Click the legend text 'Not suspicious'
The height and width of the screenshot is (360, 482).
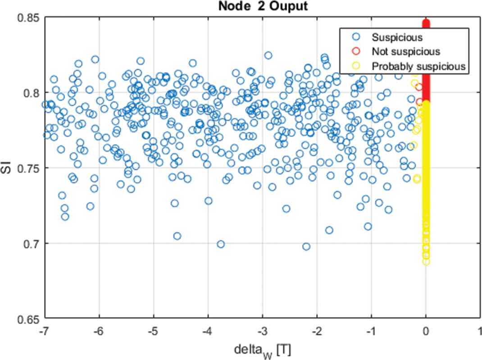(x=406, y=51)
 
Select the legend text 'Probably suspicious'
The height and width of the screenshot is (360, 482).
(x=418, y=66)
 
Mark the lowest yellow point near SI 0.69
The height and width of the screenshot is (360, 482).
(x=426, y=261)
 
